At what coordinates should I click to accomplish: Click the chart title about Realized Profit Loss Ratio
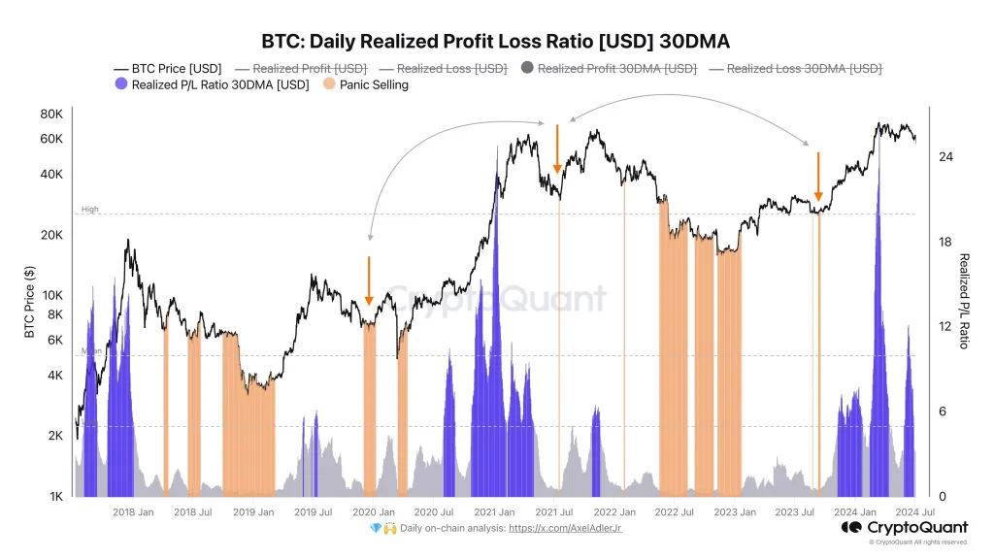click(x=496, y=42)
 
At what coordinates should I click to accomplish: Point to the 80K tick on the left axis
click(x=51, y=114)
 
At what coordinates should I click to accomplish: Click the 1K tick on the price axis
click(x=55, y=496)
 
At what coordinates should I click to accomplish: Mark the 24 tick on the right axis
click(x=944, y=156)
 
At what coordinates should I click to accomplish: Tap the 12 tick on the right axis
click(x=944, y=326)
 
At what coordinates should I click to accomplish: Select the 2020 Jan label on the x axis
click(x=374, y=511)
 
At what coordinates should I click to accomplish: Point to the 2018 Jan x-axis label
click(x=133, y=511)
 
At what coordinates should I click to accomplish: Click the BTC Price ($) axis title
click(x=29, y=303)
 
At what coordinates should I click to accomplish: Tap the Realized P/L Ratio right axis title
click(x=965, y=301)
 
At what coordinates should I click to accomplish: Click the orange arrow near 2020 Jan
click(x=369, y=281)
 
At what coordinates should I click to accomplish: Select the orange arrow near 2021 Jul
click(x=557, y=150)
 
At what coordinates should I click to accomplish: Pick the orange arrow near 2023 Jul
click(x=818, y=177)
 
